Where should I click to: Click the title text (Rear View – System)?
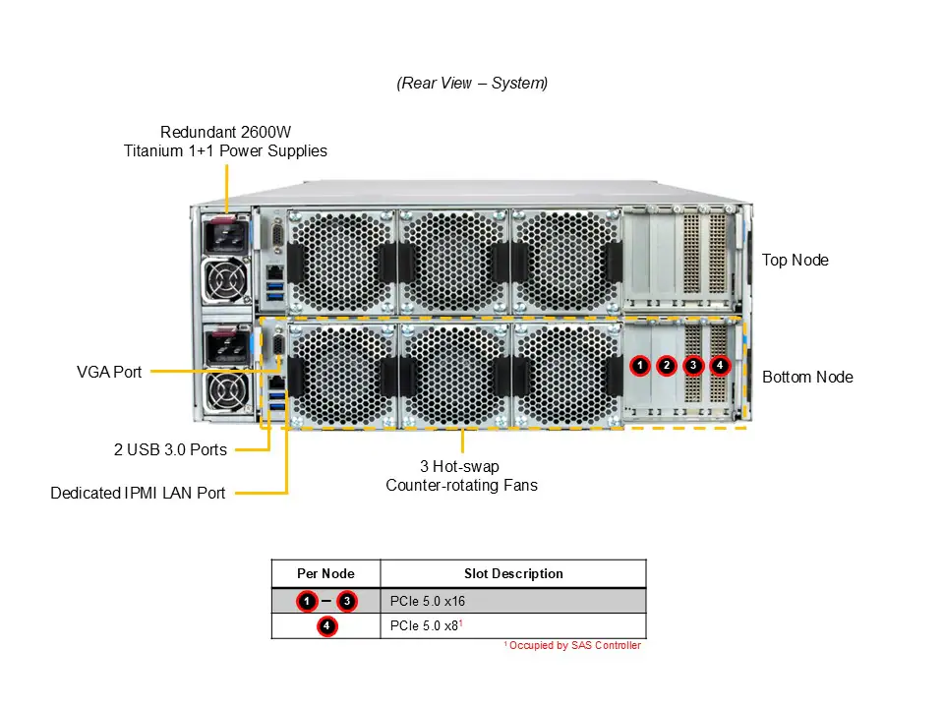pos(472,84)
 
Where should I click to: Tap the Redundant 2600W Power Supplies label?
pos(225,141)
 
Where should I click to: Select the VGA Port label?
pos(109,373)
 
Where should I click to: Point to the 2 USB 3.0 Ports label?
pos(170,450)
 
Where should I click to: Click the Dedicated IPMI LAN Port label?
pos(138,493)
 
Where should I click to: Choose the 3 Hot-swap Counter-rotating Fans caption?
pos(461,476)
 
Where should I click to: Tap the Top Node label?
pos(795,261)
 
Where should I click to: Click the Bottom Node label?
pos(807,377)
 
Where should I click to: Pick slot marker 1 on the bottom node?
pos(640,366)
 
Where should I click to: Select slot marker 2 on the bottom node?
pos(667,366)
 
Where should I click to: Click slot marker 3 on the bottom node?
pos(693,366)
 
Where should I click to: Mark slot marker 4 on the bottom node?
pos(720,366)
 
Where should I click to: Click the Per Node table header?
pos(325,573)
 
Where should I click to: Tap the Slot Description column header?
pos(513,573)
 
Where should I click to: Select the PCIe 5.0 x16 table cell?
pos(428,601)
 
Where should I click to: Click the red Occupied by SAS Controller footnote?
pos(572,646)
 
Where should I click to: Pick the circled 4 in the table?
pos(326,626)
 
